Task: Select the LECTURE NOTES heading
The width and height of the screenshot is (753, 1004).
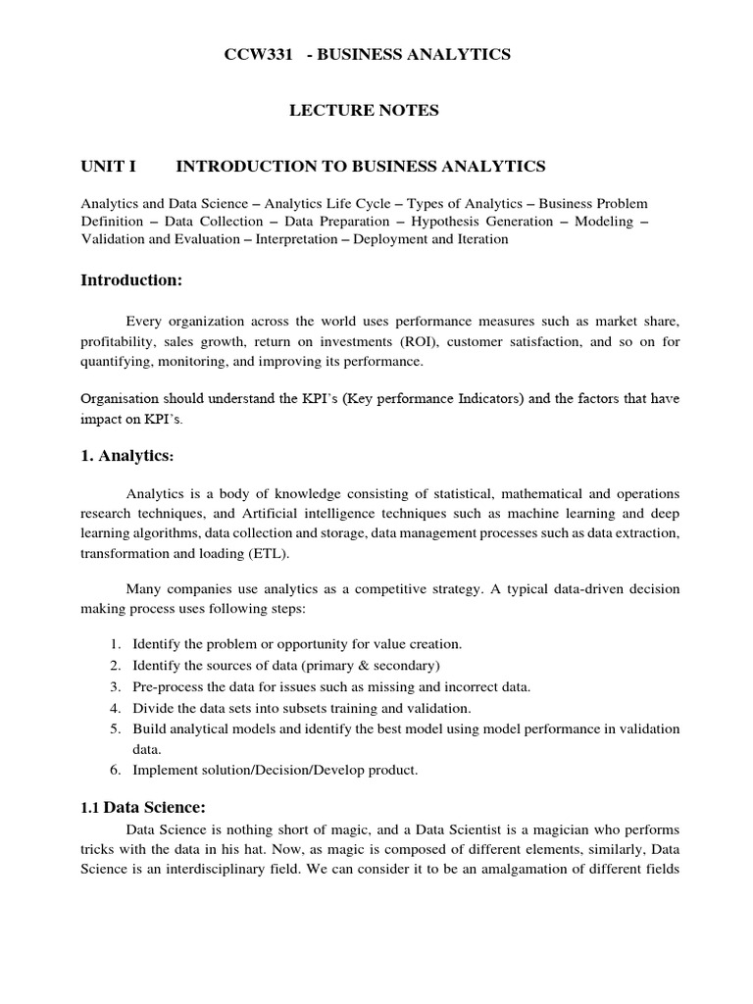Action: click(364, 111)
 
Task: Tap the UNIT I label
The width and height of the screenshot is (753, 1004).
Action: click(107, 167)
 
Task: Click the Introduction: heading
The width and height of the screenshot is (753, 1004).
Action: click(131, 281)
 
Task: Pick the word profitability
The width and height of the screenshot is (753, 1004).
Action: click(115, 342)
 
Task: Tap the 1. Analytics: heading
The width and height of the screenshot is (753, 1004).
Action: click(127, 455)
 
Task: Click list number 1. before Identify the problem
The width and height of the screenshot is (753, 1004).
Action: click(115, 645)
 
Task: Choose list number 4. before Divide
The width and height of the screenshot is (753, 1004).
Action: click(115, 708)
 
